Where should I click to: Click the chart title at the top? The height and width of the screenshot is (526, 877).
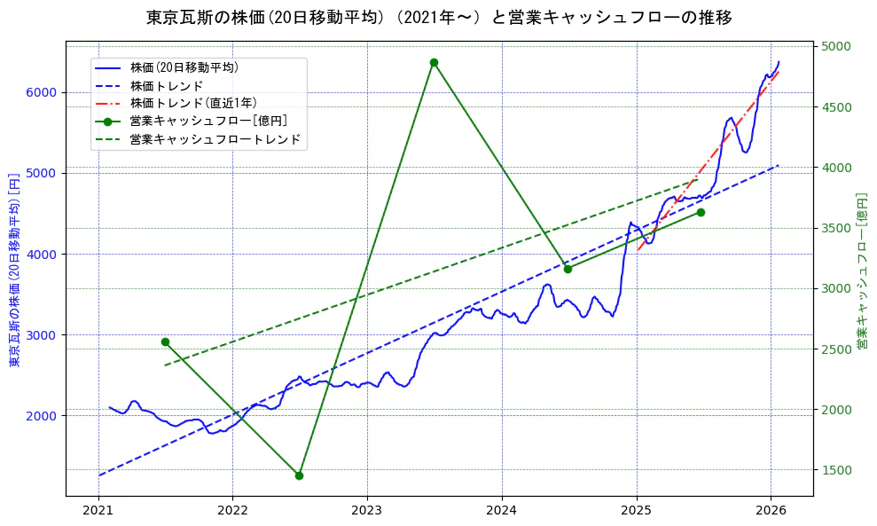tap(439, 18)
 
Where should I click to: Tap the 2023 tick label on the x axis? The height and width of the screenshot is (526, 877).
tap(366, 511)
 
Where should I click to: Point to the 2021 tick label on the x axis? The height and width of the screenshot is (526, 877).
tap(98, 511)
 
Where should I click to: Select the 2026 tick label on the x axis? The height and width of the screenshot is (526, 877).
tap(770, 511)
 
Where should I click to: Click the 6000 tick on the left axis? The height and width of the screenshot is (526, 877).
tap(41, 92)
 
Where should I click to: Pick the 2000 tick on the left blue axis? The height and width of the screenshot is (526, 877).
tap(41, 415)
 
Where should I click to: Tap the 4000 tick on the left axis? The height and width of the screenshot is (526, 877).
tap(41, 254)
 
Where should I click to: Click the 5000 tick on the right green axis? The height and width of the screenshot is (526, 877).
tap(835, 46)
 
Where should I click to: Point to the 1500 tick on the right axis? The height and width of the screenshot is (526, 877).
tap(835, 470)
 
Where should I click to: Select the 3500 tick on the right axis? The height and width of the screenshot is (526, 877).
tap(835, 228)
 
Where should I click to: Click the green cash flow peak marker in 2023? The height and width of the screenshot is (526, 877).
tap(434, 62)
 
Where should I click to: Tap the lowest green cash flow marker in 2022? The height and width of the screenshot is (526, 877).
tap(299, 475)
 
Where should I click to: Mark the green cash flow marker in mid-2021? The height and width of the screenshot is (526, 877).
tap(165, 342)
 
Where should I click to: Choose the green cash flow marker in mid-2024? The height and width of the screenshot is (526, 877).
tap(568, 269)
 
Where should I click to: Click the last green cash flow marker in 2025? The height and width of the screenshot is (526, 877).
tap(701, 212)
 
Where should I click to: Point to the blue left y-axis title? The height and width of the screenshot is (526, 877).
tap(14, 269)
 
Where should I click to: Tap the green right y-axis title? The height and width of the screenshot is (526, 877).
tap(861, 269)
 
